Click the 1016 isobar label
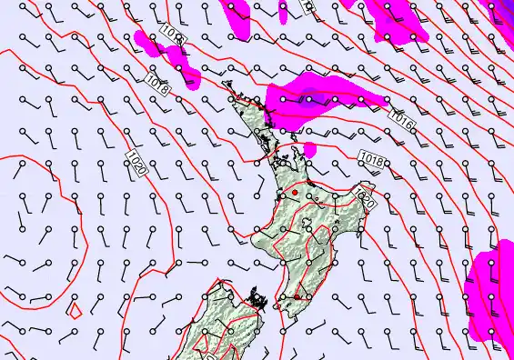(401, 117)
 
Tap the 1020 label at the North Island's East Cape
(366, 196)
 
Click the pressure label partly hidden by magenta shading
(173, 35)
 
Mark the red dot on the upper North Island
(295, 193)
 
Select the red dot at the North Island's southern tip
(297, 296)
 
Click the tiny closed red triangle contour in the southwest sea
(76, 311)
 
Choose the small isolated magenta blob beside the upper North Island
(309, 148)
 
